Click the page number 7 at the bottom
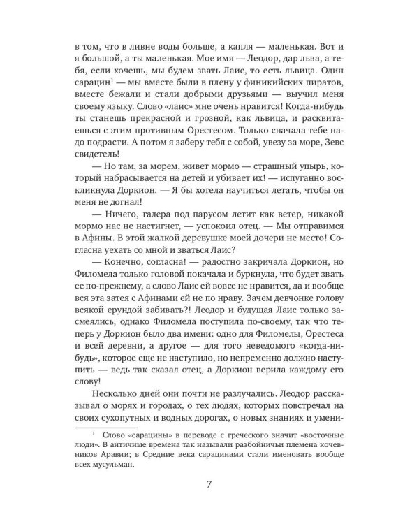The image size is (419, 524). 209,483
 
